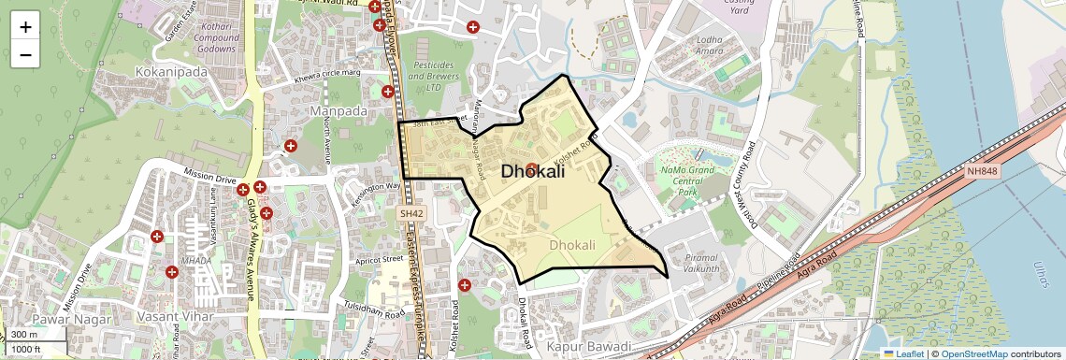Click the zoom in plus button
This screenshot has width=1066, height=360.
coord(25,26)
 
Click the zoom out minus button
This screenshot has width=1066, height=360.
coord(25,54)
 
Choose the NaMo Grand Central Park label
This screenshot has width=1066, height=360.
coord(687,178)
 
